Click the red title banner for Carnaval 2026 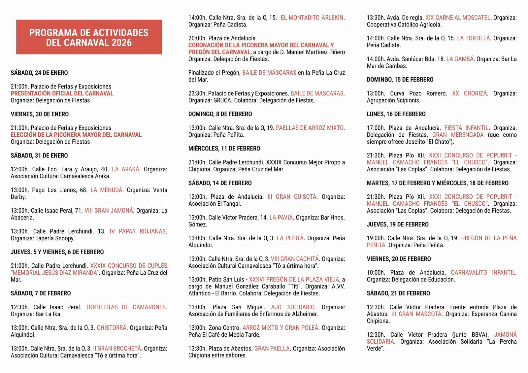(x=89, y=37)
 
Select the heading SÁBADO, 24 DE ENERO (x=39, y=73)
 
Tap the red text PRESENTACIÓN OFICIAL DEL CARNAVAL (x=62, y=93)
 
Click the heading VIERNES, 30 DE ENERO (x=40, y=114)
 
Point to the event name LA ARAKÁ (x=125, y=169)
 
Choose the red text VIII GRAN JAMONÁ (x=109, y=211)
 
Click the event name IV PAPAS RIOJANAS (x=138, y=231)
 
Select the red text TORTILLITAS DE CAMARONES (x=126, y=307)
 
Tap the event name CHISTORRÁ (x=112, y=328)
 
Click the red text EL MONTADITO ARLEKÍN (x=312, y=18)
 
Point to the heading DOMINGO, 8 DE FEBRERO (x=220, y=114)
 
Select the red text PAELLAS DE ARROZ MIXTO (x=310, y=128)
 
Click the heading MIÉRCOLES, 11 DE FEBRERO (x=224, y=149)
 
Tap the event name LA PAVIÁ (x=281, y=218)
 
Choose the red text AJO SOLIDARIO (x=293, y=307)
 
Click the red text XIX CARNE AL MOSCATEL (x=458, y=18)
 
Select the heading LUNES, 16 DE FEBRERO (x=396, y=114)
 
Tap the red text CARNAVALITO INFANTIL (x=483, y=273)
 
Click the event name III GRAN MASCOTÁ (x=416, y=314)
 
